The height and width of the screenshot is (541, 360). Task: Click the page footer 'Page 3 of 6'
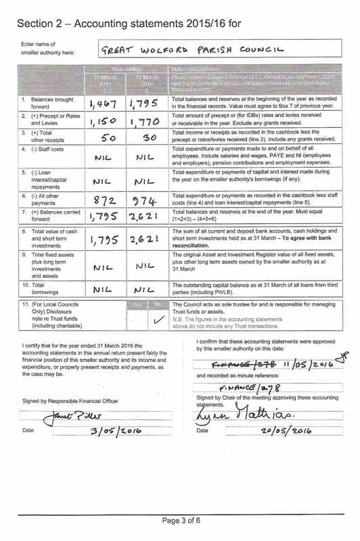coord(181,519)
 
